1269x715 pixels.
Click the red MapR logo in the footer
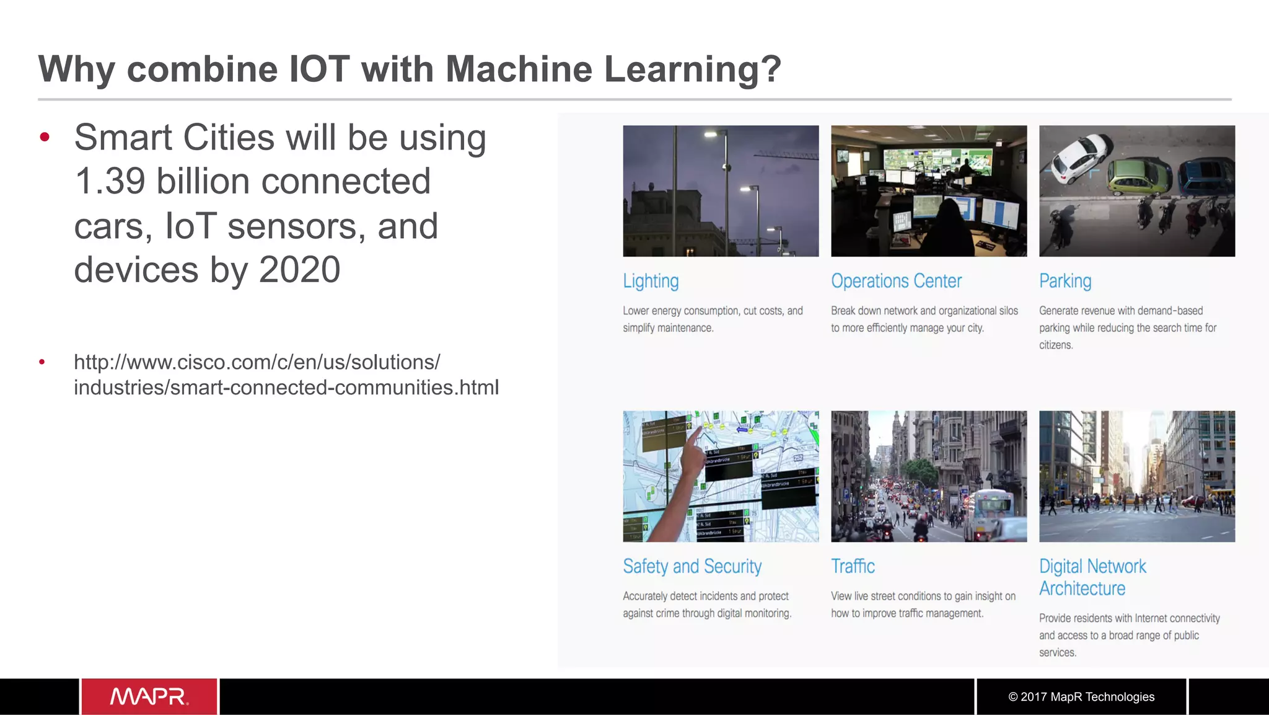point(149,696)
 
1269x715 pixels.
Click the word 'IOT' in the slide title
point(319,69)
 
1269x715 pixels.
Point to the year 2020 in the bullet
point(299,270)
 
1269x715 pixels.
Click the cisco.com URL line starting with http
point(257,362)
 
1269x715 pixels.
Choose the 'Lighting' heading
point(651,281)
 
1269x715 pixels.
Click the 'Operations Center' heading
point(896,281)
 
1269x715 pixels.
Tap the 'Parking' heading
point(1065,281)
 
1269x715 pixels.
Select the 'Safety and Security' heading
point(692,566)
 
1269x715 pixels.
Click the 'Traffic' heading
point(853,566)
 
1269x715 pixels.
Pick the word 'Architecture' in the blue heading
point(1082,588)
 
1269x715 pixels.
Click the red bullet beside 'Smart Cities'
point(44,137)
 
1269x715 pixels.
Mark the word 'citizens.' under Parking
point(1056,345)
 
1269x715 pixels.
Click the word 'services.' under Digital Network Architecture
point(1058,652)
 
